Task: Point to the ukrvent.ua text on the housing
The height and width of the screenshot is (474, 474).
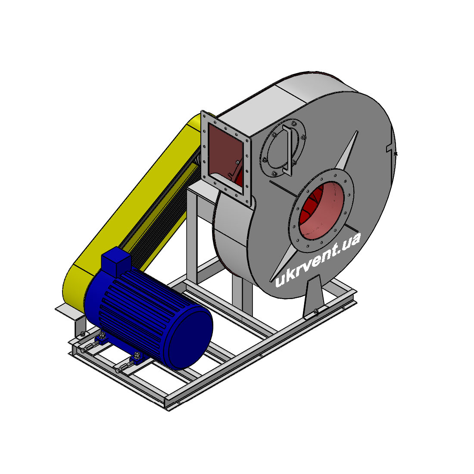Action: click(318, 260)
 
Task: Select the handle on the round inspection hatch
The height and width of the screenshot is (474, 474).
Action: click(287, 150)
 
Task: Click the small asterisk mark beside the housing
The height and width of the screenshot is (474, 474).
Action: click(396, 154)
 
